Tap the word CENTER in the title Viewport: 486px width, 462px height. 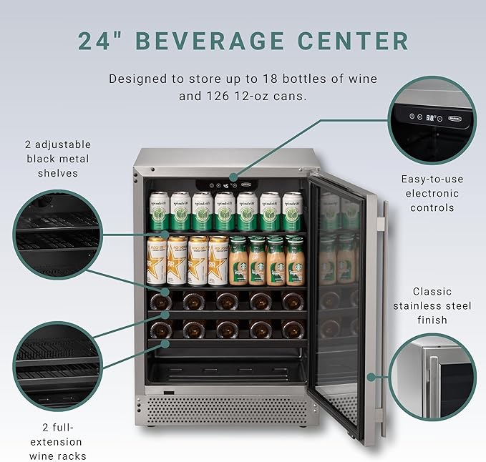(361, 40)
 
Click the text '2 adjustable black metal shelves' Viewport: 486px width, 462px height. (58, 158)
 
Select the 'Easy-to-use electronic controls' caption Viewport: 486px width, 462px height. (431, 193)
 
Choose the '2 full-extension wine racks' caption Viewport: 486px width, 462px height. (55, 441)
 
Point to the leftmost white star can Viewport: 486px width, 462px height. (157, 260)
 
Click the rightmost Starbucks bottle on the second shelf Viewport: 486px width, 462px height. (294, 260)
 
